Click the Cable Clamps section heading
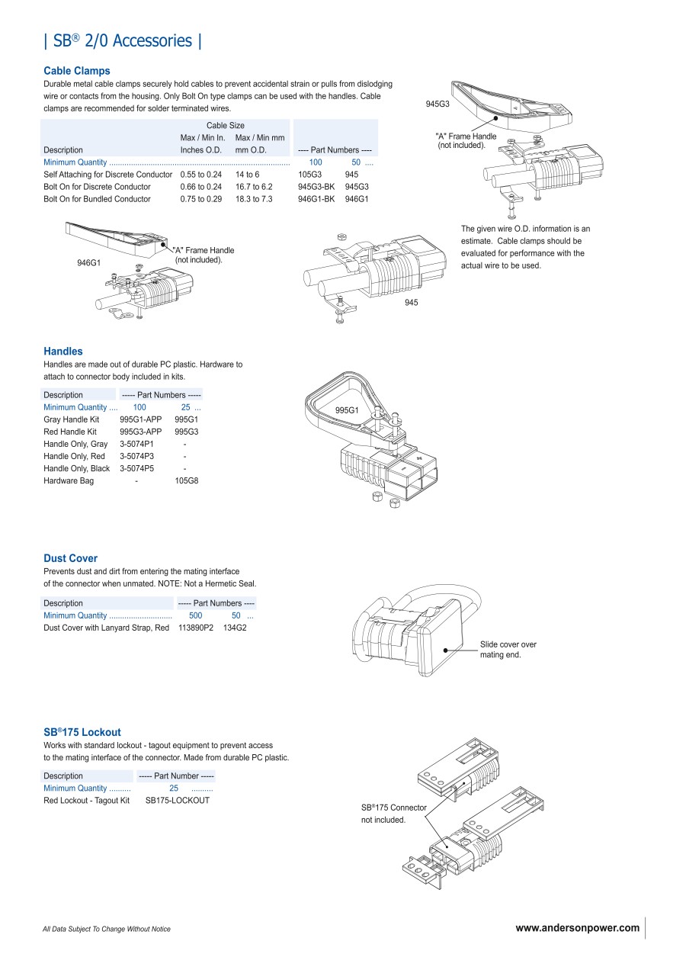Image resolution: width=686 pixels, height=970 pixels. [76, 71]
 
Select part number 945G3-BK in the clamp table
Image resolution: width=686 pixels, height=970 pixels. [316, 187]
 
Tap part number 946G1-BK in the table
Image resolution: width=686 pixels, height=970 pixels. [316, 199]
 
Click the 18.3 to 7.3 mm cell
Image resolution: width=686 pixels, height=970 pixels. [253, 199]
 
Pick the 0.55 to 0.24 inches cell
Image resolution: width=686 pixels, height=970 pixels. [200, 175]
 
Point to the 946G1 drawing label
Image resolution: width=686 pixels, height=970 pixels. [89, 263]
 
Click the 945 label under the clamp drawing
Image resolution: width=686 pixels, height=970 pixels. [412, 303]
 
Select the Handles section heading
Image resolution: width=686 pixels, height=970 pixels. [63, 352]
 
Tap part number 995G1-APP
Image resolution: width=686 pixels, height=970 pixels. [140, 419]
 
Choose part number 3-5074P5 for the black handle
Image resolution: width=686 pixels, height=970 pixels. [136, 468]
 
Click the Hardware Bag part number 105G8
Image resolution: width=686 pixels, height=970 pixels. [187, 481]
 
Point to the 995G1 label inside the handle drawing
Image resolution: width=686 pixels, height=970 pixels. [347, 411]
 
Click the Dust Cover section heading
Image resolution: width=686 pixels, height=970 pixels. [70, 558]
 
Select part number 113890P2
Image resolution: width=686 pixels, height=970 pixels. [195, 628]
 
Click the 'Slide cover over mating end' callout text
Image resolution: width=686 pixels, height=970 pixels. [508, 650]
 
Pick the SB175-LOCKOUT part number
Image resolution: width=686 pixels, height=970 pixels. [177, 801]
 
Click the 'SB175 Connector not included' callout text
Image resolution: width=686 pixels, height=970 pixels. [393, 814]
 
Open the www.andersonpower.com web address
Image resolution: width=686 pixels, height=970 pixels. [577, 928]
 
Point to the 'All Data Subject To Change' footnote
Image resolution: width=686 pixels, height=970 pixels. [107, 929]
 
